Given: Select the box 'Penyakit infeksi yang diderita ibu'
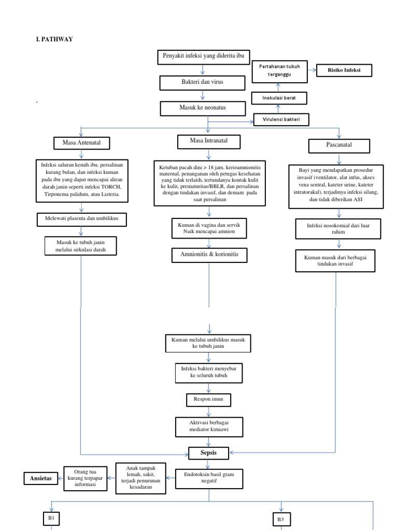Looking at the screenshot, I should pos(203,56).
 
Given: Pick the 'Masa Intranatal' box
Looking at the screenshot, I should pos(209,141).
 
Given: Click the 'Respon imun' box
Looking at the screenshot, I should pos(209,400).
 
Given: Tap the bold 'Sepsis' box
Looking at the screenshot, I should pos(209,453).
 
